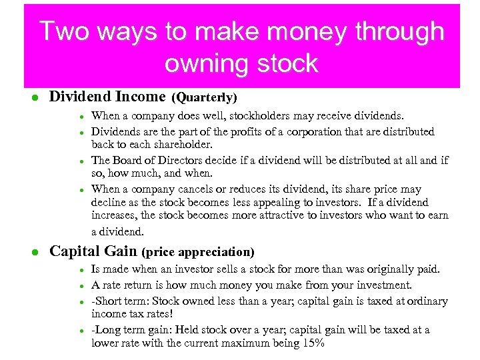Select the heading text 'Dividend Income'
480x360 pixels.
[108, 97]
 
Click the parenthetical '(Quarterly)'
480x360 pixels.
[205, 98]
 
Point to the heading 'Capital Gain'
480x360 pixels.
[93, 251]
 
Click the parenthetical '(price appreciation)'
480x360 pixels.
[198, 252]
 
